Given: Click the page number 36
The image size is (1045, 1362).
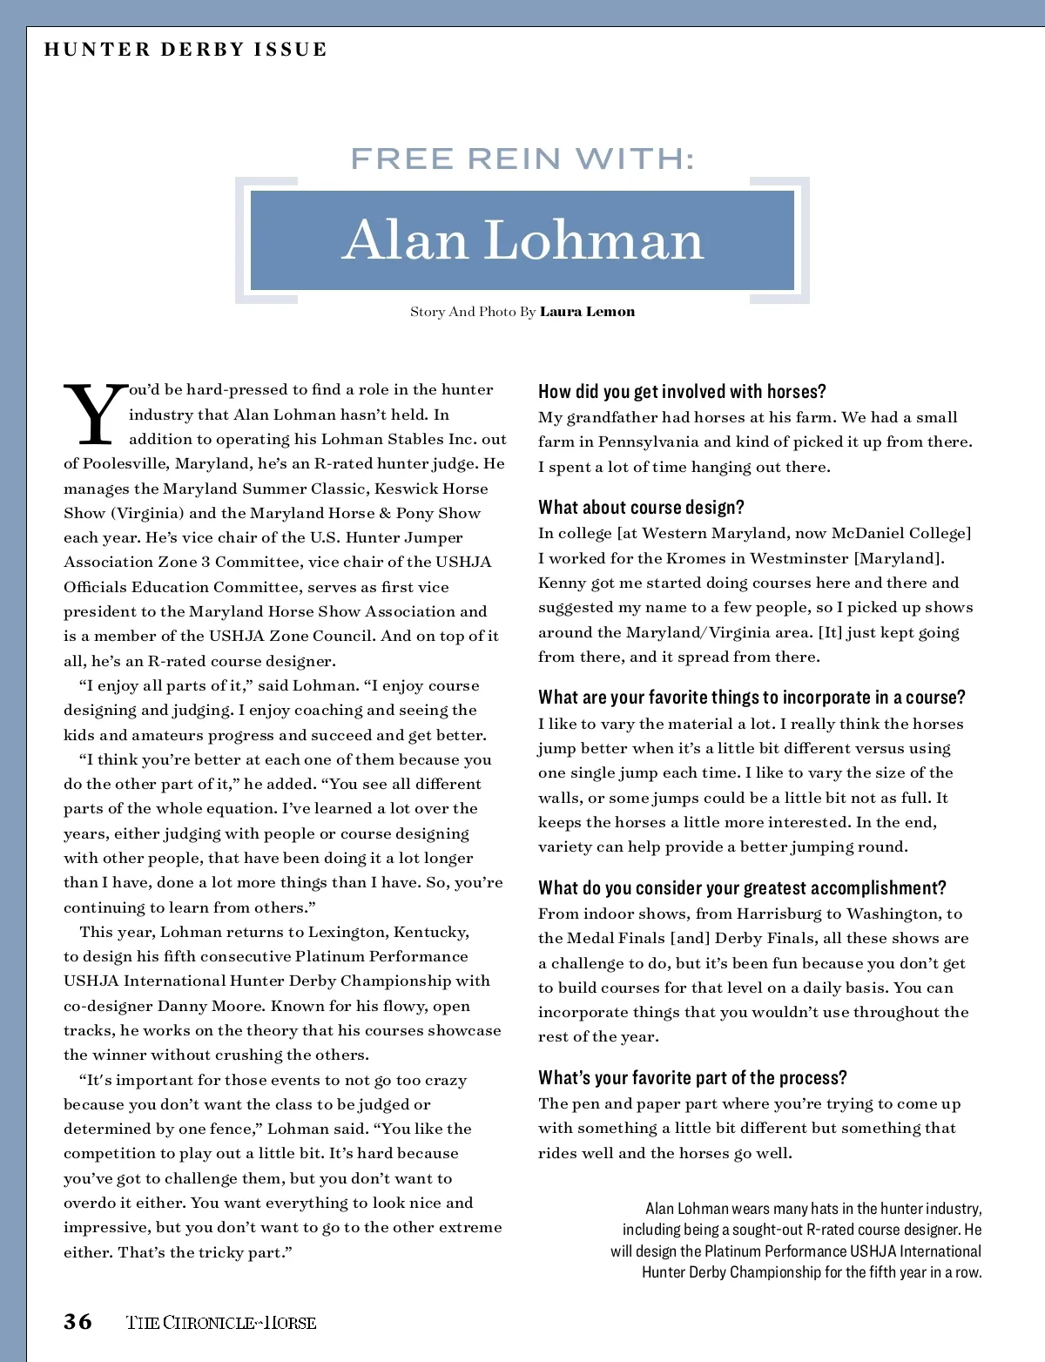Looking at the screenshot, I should [x=78, y=1321].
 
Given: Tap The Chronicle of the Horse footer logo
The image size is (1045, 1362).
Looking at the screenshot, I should [x=221, y=1322].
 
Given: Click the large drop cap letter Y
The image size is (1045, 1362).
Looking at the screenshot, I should [x=93, y=415].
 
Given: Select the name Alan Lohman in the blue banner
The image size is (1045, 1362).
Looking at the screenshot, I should [x=522, y=239].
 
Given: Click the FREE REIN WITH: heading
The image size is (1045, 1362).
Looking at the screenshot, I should [x=522, y=158].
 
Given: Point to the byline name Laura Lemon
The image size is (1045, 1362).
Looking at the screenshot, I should [x=587, y=312].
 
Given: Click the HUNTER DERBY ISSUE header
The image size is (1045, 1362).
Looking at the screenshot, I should [x=185, y=49].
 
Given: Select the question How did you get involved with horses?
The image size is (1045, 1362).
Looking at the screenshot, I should [x=682, y=391].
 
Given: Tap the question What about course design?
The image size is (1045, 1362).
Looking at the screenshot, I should [x=641, y=507].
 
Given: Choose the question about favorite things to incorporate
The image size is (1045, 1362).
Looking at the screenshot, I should [x=752, y=697].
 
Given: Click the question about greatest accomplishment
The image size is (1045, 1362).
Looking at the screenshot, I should [x=742, y=887].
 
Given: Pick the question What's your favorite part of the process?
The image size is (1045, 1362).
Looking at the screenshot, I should [x=692, y=1077].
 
